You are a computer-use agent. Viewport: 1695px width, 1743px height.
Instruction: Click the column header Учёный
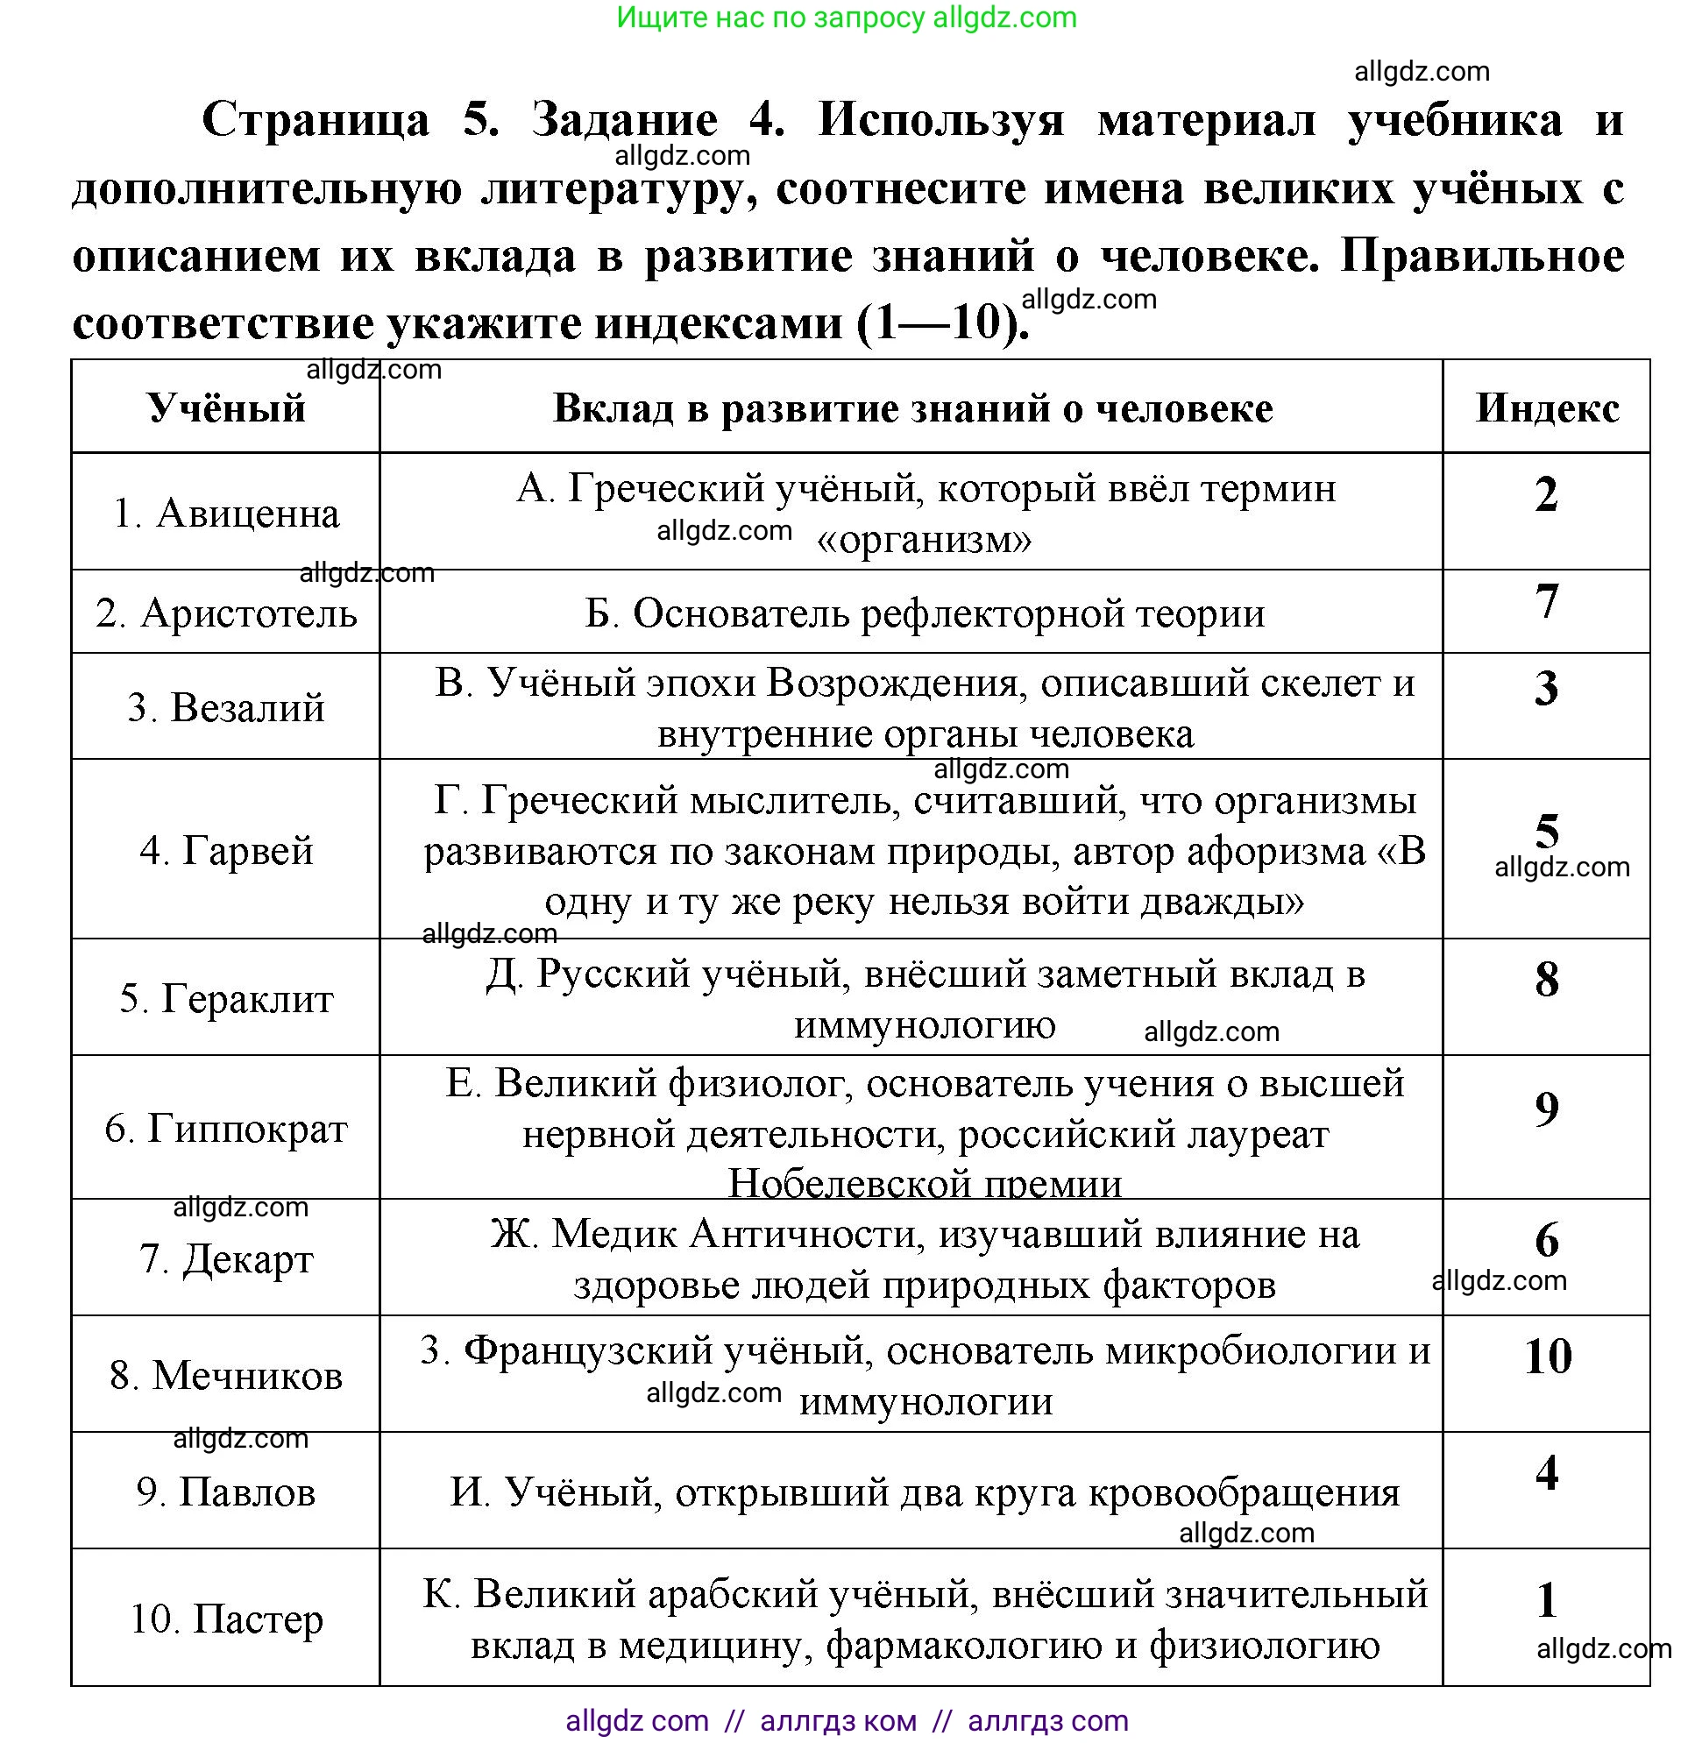tap(226, 407)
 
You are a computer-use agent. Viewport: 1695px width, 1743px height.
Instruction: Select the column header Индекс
tap(1547, 407)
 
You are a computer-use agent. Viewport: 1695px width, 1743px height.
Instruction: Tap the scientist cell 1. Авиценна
tap(226, 513)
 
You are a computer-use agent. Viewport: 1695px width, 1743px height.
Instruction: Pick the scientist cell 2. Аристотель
tap(226, 613)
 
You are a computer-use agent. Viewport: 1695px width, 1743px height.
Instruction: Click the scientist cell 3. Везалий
tap(226, 708)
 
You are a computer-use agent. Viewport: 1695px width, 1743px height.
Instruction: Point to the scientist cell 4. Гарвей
tap(226, 850)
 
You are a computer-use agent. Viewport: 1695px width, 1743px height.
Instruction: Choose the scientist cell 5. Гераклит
tap(226, 998)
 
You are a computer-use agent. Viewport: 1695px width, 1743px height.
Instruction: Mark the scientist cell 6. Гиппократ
tap(226, 1129)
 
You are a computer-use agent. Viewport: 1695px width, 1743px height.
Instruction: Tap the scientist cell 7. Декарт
tap(226, 1258)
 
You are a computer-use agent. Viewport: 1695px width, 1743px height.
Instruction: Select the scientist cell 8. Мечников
tap(226, 1375)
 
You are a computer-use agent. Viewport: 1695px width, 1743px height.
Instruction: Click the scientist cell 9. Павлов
tap(226, 1492)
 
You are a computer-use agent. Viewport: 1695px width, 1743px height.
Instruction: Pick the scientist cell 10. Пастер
tap(226, 1619)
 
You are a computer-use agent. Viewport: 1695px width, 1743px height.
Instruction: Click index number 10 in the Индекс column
tap(1547, 1357)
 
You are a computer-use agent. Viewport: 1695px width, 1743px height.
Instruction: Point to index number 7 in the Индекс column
tap(1547, 601)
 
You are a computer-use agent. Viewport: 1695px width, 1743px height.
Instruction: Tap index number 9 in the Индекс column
tap(1547, 1109)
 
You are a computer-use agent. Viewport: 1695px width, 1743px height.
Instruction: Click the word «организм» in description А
tap(924, 539)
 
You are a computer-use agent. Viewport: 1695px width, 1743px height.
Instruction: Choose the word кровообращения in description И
tap(1244, 1492)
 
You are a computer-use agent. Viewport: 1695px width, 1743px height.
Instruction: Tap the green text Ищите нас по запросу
tap(770, 17)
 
